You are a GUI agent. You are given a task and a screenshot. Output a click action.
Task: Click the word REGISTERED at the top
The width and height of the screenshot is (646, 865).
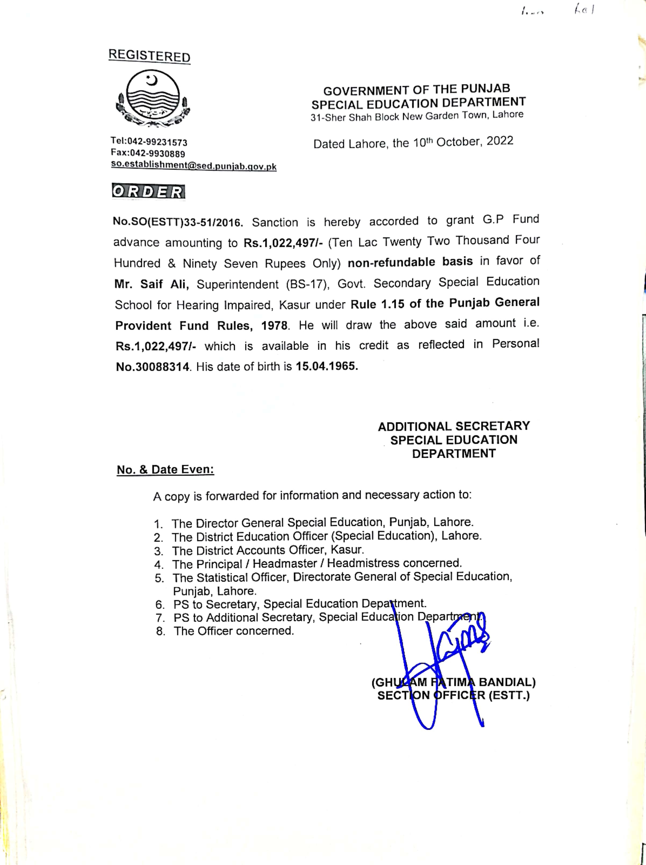[x=149, y=56]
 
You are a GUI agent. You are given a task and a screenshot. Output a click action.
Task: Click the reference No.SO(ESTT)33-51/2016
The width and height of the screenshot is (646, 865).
[x=178, y=222]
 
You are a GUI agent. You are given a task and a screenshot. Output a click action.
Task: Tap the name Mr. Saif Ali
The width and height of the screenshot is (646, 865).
[x=151, y=284]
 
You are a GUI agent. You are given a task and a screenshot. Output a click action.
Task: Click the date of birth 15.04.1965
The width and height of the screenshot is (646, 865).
[x=327, y=366]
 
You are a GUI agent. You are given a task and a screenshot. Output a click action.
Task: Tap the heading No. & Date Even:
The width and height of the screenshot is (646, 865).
[x=165, y=469]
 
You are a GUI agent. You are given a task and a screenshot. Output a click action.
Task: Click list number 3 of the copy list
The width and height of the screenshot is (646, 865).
[x=158, y=551]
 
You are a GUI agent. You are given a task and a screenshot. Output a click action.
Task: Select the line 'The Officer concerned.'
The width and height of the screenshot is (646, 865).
[x=234, y=631]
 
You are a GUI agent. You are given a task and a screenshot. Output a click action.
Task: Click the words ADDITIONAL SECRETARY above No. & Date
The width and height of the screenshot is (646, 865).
[x=454, y=426]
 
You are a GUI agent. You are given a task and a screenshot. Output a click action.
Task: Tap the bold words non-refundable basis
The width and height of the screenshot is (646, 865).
[x=410, y=262]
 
